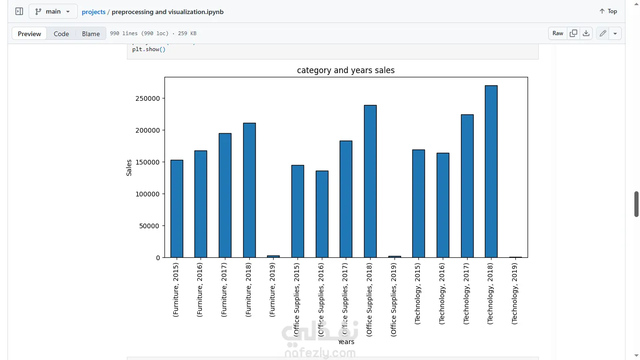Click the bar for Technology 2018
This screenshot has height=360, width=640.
(491, 172)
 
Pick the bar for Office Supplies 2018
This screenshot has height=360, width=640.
(370, 181)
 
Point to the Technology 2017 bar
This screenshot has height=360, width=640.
(467, 186)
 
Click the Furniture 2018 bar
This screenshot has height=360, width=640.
(249, 190)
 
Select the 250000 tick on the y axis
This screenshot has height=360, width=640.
(148, 98)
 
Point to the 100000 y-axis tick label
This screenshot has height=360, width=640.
(148, 194)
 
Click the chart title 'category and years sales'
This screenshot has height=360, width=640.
(346, 70)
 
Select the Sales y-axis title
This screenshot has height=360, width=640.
(129, 168)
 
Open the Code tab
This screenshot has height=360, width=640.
(61, 34)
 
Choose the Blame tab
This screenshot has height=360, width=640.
(91, 34)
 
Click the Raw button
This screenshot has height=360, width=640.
(558, 33)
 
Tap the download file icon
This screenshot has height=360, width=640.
(586, 33)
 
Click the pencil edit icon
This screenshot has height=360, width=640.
(603, 33)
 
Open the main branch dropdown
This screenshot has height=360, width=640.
(53, 11)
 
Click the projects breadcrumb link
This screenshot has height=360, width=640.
(94, 12)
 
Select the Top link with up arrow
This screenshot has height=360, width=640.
(608, 11)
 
